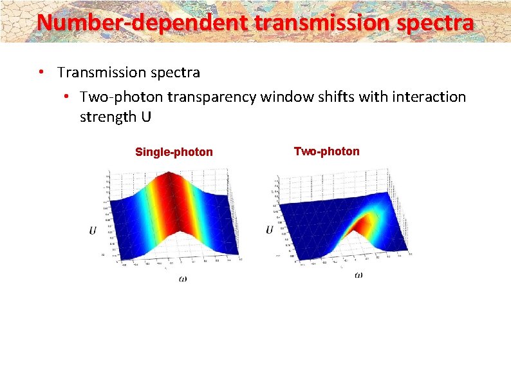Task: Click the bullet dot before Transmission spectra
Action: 41,72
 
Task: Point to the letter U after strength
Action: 147,117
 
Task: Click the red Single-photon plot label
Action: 174,152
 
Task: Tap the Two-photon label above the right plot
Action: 326,151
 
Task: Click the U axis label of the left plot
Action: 93,230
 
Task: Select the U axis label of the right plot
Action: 270,230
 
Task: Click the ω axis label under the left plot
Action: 183,278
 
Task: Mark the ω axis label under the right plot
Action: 358,275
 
